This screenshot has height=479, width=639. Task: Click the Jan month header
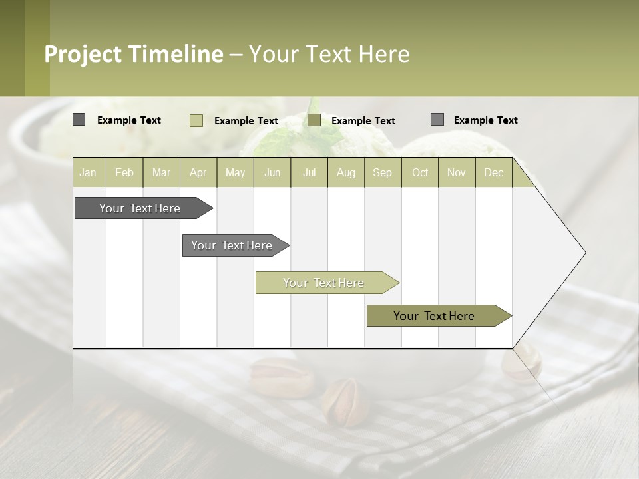pyautogui.click(x=88, y=172)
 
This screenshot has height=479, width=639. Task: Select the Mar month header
pyautogui.click(x=161, y=172)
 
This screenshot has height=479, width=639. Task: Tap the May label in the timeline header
pyautogui.click(x=235, y=172)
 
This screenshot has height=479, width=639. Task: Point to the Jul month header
pyautogui.click(x=309, y=172)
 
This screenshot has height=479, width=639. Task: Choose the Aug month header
pyautogui.click(x=346, y=172)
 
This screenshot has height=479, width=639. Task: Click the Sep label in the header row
pyautogui.click(x=382, y=172)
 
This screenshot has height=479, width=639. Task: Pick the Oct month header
pyautogui.click(x=420, y=172)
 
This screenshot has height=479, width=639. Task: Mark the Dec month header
pyautogui.click(x=493, y=172)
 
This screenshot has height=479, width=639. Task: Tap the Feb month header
pyautogui.click(x=124, y=172)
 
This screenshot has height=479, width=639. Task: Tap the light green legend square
pyautogui.click(x=196, y=120)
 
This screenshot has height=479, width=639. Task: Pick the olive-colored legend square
pyautogui.click(x=314, y=120)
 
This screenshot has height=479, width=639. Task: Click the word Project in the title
pyautogui.click(x=83, y=54)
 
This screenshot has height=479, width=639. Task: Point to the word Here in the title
pyautogui.click(x=384, y=54)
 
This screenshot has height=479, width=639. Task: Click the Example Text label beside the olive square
pyautogui.click(x=363, y=121)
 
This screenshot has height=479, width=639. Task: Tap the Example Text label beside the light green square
pyautogui.click(x=246, y=121)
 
